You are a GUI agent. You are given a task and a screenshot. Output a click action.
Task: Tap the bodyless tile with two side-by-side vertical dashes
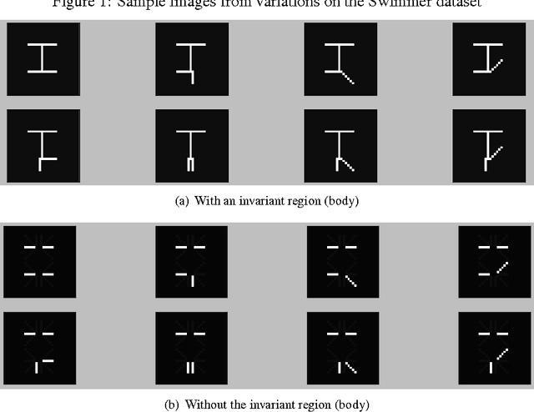190,348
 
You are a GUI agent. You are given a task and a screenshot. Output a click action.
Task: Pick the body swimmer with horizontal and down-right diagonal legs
339,58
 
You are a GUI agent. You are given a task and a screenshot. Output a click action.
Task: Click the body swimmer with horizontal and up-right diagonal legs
487,58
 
